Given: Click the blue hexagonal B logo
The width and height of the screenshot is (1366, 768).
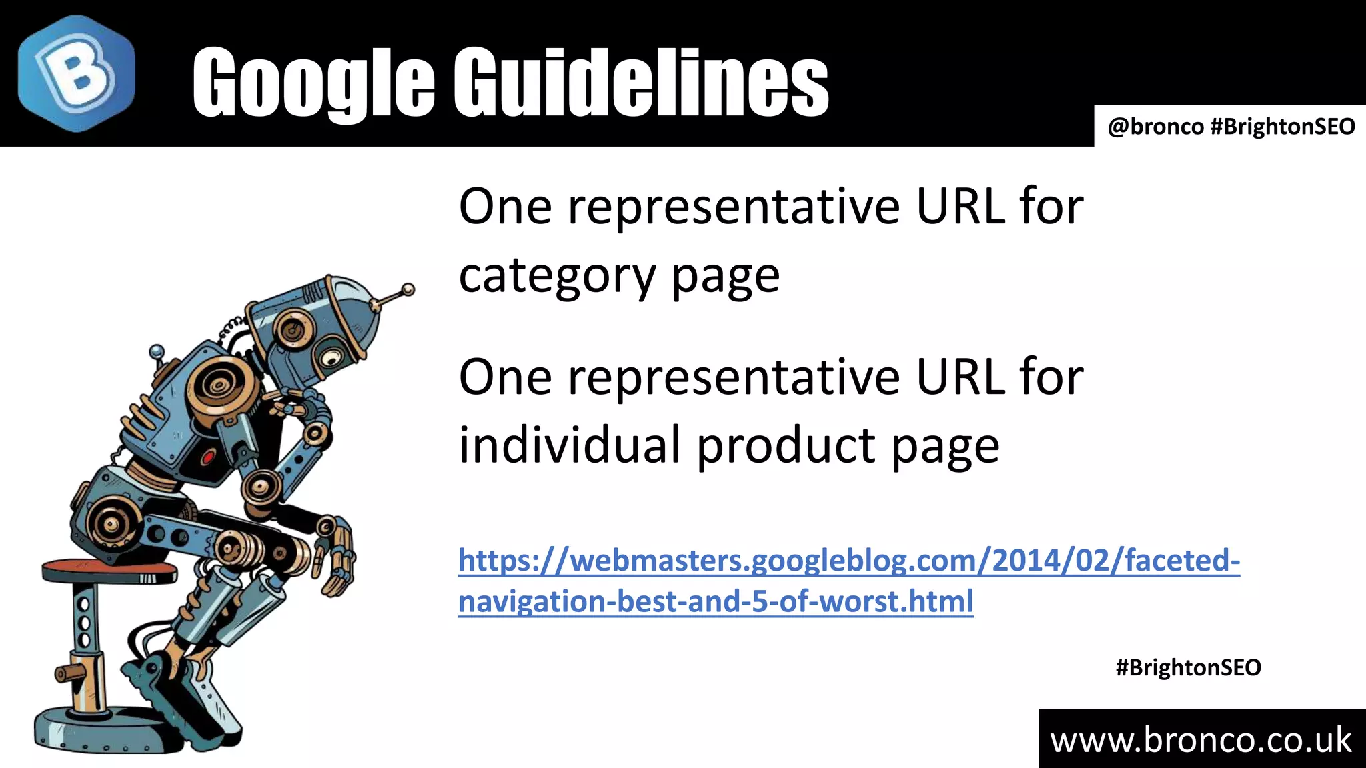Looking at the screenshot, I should pos(76,73).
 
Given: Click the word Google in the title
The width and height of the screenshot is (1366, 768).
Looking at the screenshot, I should pos(313,83).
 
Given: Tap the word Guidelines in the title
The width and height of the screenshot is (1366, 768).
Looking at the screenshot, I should pos(640,83).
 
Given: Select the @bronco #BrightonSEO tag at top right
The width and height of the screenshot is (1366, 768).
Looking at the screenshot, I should pos(1231,126).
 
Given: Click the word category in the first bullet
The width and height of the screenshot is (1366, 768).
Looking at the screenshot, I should pos(557,276).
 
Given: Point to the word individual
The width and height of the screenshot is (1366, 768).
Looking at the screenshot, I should pos(570,445).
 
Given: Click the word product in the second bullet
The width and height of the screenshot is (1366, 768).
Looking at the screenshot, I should pos(786,445).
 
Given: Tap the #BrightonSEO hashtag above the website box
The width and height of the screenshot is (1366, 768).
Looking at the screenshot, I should pos(1188,667).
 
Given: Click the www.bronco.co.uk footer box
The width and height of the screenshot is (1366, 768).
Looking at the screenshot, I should pos(1201,740).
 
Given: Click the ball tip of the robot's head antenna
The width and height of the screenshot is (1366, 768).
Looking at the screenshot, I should pos(408,289).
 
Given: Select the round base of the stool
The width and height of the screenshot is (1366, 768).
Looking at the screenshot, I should pos(100,733).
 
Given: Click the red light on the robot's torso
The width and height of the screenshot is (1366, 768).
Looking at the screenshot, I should pos(207,457).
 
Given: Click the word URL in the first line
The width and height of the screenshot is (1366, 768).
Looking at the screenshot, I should pos(960,207).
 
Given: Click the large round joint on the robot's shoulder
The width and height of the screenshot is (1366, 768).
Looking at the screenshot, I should pos(217,385).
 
